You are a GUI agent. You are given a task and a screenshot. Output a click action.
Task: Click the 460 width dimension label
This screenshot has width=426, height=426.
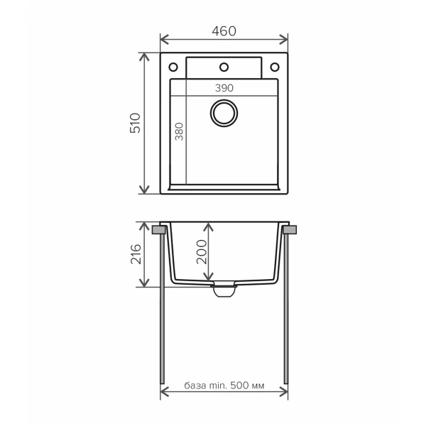pyautogui.click(x=224, y=31)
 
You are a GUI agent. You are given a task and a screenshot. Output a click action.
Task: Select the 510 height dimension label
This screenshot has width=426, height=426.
pyautogui.click(x=136, y=123)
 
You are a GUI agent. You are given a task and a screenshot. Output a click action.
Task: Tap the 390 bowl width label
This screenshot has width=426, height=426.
pyautogui.click(x=224, y=88)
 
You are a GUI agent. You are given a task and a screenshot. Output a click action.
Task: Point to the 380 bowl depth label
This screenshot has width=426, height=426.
pyautogui.click(x=179, y=132)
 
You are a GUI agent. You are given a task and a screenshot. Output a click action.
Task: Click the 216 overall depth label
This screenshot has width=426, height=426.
pyautogui.click(x=136, y=254)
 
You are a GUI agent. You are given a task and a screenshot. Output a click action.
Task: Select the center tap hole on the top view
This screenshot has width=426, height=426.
pyautogui.click(x=224, y=67)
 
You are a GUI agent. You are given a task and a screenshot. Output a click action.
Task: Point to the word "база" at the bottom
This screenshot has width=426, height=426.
pyautogui.click(x=195, y=386)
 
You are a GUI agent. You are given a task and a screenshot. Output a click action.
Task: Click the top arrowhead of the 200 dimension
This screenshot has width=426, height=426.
pyautogui.click(x=207, y=226)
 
